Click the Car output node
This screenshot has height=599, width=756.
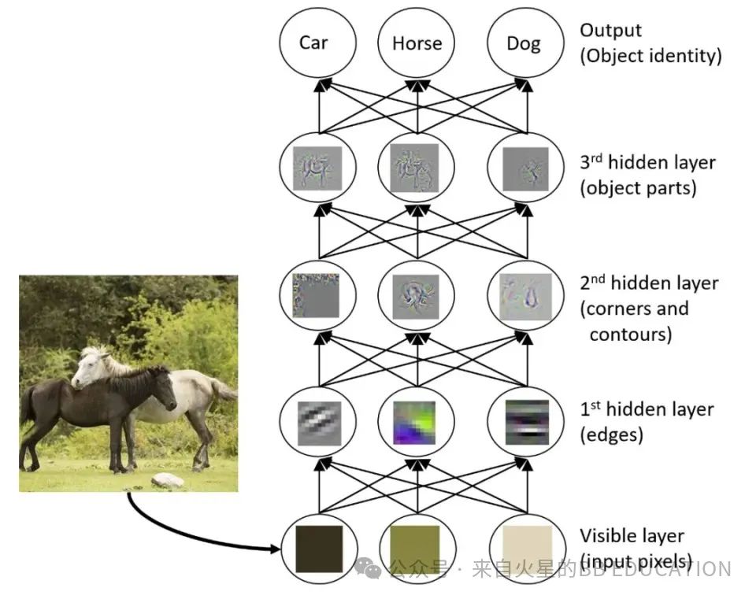pyautogui.click(x=313, y=43)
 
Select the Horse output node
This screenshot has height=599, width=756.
pyautogui.click(x=417, y=43)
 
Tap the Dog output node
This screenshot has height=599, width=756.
pyautogui.click(x=523, y=43)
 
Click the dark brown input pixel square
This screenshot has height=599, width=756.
pyautogui.click(x=318, y=549)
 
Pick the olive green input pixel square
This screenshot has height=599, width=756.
pyautogui.click(x=417, y=549)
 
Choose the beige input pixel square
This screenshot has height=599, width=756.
pyautogui.click(x=523, y=549)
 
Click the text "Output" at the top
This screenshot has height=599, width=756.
pyautogui.click(x=610, y=31)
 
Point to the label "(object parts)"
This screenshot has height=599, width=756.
pyautogui.click(x=638, y=189)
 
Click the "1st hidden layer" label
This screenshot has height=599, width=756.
pyautogui.click(x=647, y=409)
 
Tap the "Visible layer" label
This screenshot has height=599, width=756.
pyautogui.click(x=632, y=536)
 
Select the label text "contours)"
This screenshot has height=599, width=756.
pyautogui.click(x=630, y=335)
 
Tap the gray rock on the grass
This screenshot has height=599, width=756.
pyautogui.click(x=167, y=480)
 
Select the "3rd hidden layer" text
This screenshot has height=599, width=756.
pyautogui.click(x=647, y=163)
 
